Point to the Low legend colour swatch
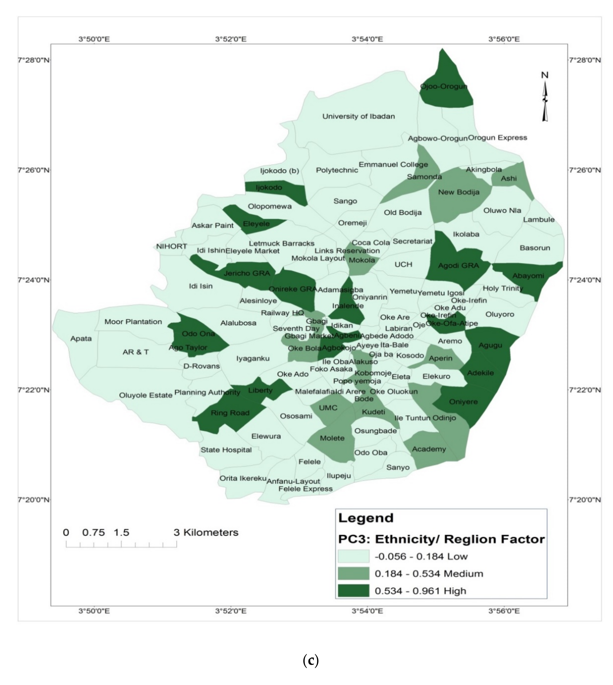click(353, 556)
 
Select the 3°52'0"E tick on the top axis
click(231, 39)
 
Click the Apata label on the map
click(81, 338)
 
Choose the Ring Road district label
click(230, 413)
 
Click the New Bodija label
click(458, 192)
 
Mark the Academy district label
click(429, 449)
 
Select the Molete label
click(332, 438)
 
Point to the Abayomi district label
click(528, 276)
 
